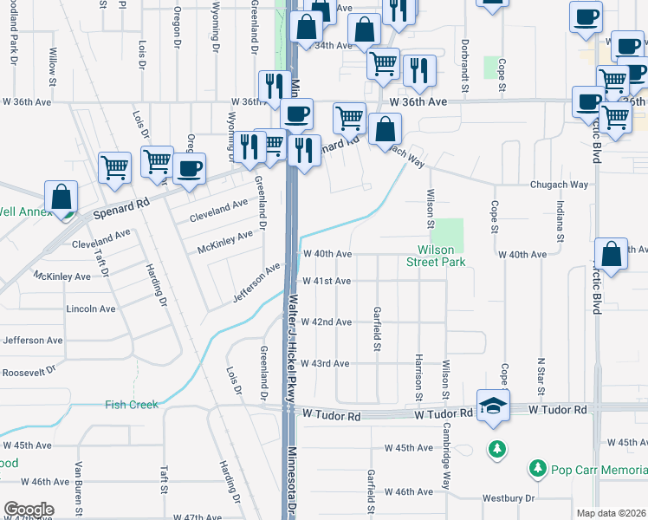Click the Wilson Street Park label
(x=437, y=256)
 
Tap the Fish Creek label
(x=132, y=405)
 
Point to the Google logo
(x=28, y=510)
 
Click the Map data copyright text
(x=612, y=513)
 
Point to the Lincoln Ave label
(x=91, y=309)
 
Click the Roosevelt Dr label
(x=28, y=368)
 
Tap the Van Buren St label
(x=79, y=493)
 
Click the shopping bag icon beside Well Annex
(x=62, y=198)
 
